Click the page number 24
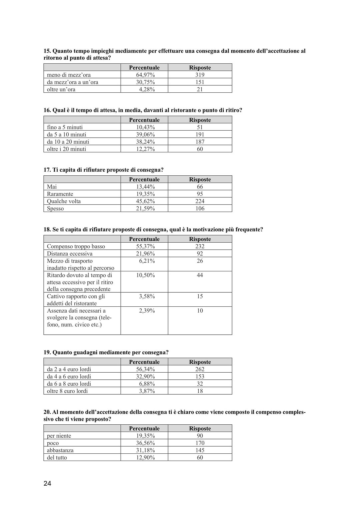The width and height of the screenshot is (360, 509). point(47,483)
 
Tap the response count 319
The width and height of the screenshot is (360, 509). point(200,75)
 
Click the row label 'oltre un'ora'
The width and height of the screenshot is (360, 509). point(61,89)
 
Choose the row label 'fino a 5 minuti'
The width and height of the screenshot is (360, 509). point(65,127)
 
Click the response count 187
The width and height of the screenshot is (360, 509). point(200,142)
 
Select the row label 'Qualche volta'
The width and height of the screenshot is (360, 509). point(64,201)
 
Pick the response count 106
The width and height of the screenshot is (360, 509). point(200,209)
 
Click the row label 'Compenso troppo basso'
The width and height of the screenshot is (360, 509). point(76,246)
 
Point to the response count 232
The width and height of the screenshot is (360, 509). point(200,246)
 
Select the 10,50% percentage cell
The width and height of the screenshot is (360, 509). point(145,275)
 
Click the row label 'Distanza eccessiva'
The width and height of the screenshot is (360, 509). point(70,254)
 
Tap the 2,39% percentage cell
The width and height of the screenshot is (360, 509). point(147,311)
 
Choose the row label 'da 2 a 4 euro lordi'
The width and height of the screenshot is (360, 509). point(69,369)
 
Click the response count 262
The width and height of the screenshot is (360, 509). point(200,369)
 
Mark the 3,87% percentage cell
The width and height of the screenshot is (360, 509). point(147,391)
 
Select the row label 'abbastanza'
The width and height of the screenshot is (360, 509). point(60,450)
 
